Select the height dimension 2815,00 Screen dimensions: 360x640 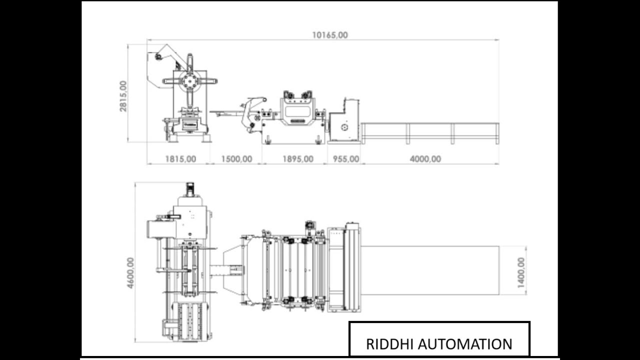123,95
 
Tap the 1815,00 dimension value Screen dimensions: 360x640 180,159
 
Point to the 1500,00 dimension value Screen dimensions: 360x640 236,159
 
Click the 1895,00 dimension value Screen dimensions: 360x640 298,159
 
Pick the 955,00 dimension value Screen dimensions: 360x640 345,159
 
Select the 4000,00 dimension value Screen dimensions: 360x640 425,159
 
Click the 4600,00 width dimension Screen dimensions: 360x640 130,272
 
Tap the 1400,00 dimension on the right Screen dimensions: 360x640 521,272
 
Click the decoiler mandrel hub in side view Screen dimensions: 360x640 189,80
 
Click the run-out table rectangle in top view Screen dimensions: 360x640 430,270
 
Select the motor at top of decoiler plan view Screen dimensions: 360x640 190,189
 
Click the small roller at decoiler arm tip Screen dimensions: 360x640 158,56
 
